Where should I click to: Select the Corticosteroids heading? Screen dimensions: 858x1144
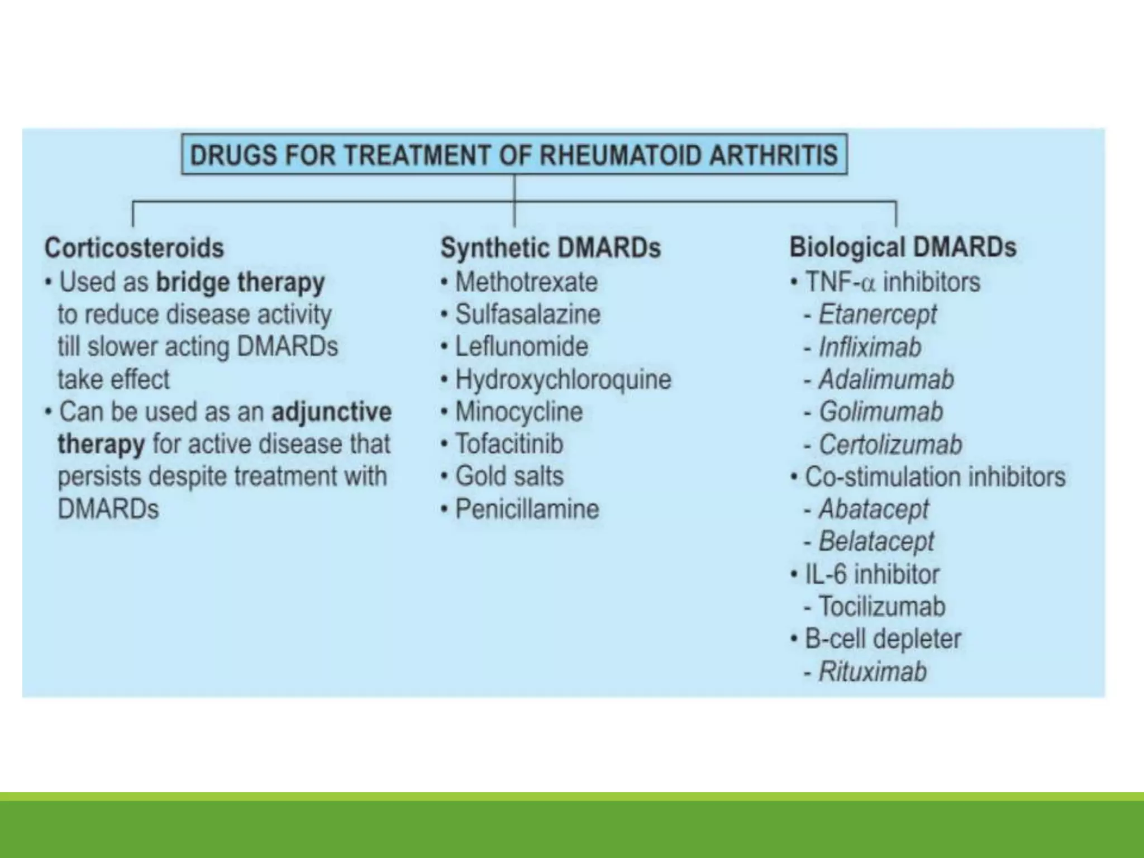click(134, 248)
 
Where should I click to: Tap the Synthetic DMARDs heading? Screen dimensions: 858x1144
click(550, 248)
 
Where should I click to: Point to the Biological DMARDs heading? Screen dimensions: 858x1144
click(903, 247)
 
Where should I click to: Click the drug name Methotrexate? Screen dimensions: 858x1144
click(526, 282)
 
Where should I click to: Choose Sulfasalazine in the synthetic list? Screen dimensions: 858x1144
click(528, 314)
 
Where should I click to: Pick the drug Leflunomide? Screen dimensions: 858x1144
click(522, 347)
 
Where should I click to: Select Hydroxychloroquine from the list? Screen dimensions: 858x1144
click(563, 380)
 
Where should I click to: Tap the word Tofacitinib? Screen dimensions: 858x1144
click(509, 445)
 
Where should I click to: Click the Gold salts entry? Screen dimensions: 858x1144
click(509, 476)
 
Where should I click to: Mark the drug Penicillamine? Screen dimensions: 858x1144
click(527, 509)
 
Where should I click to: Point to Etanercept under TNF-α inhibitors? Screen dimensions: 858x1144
click(878, 314)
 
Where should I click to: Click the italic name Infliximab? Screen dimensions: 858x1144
click(870, 347)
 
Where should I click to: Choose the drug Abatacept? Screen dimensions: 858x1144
click(874, 509)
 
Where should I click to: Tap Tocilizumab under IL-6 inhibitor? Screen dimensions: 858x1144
click(882, 607)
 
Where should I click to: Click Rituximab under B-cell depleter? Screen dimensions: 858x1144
click(873, 671)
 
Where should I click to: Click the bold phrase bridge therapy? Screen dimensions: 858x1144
click(240, 283)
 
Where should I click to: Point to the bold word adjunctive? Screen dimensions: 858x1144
click(332, 412)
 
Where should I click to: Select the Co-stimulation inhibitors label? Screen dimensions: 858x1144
click(935, 477)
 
